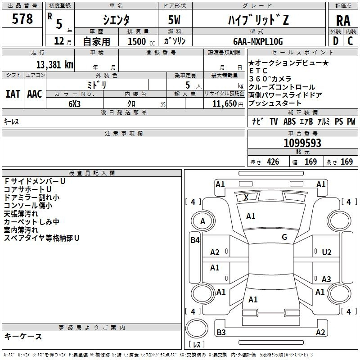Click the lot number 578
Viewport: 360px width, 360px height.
23,19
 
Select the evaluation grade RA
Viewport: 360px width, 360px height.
343,21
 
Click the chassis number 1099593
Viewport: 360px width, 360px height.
302,143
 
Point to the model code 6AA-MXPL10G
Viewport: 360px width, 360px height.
258,41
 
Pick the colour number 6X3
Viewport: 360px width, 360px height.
74,103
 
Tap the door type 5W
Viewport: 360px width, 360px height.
175,21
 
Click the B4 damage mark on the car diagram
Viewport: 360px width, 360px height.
195,240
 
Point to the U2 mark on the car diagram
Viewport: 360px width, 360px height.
327,252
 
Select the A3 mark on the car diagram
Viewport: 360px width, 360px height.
326,279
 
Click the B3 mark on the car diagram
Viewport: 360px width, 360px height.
221,333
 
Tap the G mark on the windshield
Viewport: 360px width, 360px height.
284,237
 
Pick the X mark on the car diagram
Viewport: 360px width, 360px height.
246,197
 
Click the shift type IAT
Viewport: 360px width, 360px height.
13,94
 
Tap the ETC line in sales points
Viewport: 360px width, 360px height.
258,71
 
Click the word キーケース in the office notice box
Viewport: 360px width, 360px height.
23,337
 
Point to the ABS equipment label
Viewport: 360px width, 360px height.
289,121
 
